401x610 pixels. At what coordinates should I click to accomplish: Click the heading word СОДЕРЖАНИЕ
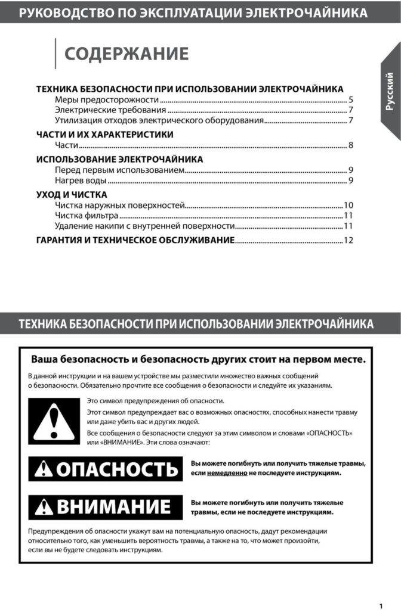[126, 54]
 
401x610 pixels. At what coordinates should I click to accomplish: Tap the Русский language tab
[389, 91]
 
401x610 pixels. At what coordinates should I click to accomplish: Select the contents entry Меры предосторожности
[107, 99]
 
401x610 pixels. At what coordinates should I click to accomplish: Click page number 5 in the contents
[351, 99]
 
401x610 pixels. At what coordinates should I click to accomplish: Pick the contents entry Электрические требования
[110, 110]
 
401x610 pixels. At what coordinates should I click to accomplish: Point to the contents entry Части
[66, 145]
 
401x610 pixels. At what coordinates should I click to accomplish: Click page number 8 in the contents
[351, 145]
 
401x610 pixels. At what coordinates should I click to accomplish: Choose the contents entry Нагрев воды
[81, 180]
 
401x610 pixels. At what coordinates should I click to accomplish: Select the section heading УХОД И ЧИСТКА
[72, 194]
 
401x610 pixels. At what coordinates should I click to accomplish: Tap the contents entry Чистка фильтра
[87, 215]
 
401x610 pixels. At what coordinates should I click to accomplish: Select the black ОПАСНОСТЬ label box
[105, 468]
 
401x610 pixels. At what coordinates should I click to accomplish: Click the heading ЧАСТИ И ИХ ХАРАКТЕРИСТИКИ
[104, 135]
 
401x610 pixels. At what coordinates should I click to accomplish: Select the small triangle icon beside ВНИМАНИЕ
[44, 508]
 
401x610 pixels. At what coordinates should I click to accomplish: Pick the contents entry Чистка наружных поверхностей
[120, 205]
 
